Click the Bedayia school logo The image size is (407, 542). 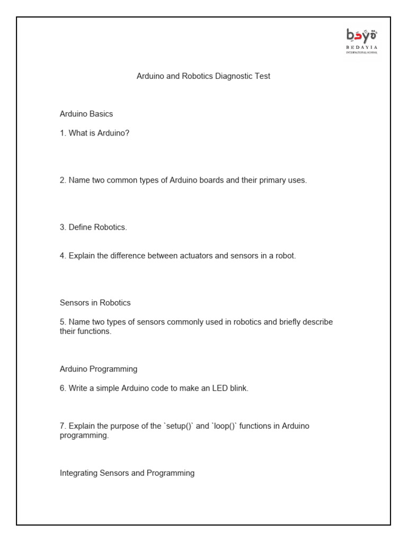(361, 41)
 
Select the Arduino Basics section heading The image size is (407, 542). (86, 114)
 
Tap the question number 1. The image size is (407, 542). (63, 133)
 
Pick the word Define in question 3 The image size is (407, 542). (80, 227)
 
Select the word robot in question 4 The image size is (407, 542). (285, 256)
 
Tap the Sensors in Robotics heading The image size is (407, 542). (95, 303)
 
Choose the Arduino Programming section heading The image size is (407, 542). (99, 369)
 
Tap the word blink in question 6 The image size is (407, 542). (238, 388)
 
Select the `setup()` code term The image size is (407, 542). (179, 426)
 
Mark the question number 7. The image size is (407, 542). (63, 426)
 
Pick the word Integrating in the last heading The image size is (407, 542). (79, 473)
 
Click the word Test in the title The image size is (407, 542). (262, 76)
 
